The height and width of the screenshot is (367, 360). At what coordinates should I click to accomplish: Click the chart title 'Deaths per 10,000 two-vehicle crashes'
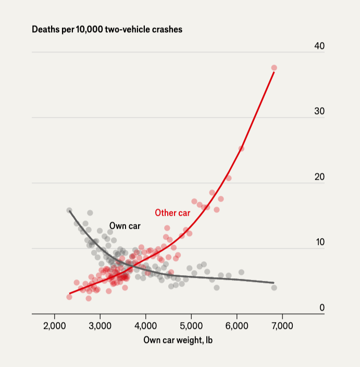[x=107, y=30]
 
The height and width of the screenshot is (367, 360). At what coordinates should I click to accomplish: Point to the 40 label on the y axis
[x=319, y=46]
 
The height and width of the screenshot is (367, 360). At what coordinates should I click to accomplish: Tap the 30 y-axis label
[x=319, y=112]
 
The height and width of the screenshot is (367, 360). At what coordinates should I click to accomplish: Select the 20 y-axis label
[x=319, y=177]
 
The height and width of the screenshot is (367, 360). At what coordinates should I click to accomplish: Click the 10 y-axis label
[x=319, y=242]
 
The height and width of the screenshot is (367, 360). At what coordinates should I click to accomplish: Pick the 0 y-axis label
[x=322, y=308]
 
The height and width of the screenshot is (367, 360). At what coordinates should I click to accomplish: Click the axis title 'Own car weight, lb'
[x=178, y=340]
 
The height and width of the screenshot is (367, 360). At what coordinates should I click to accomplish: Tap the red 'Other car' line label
[x=172, y=213]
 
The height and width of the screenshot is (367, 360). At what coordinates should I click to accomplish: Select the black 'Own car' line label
[x=125, y=226]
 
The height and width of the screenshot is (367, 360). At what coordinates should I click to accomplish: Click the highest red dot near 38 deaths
[x=274, y=68]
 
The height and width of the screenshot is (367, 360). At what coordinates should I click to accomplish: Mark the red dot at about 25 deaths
[x=241, y=149]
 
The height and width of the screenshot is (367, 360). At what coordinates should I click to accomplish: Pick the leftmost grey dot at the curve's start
[x=69, y=211]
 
